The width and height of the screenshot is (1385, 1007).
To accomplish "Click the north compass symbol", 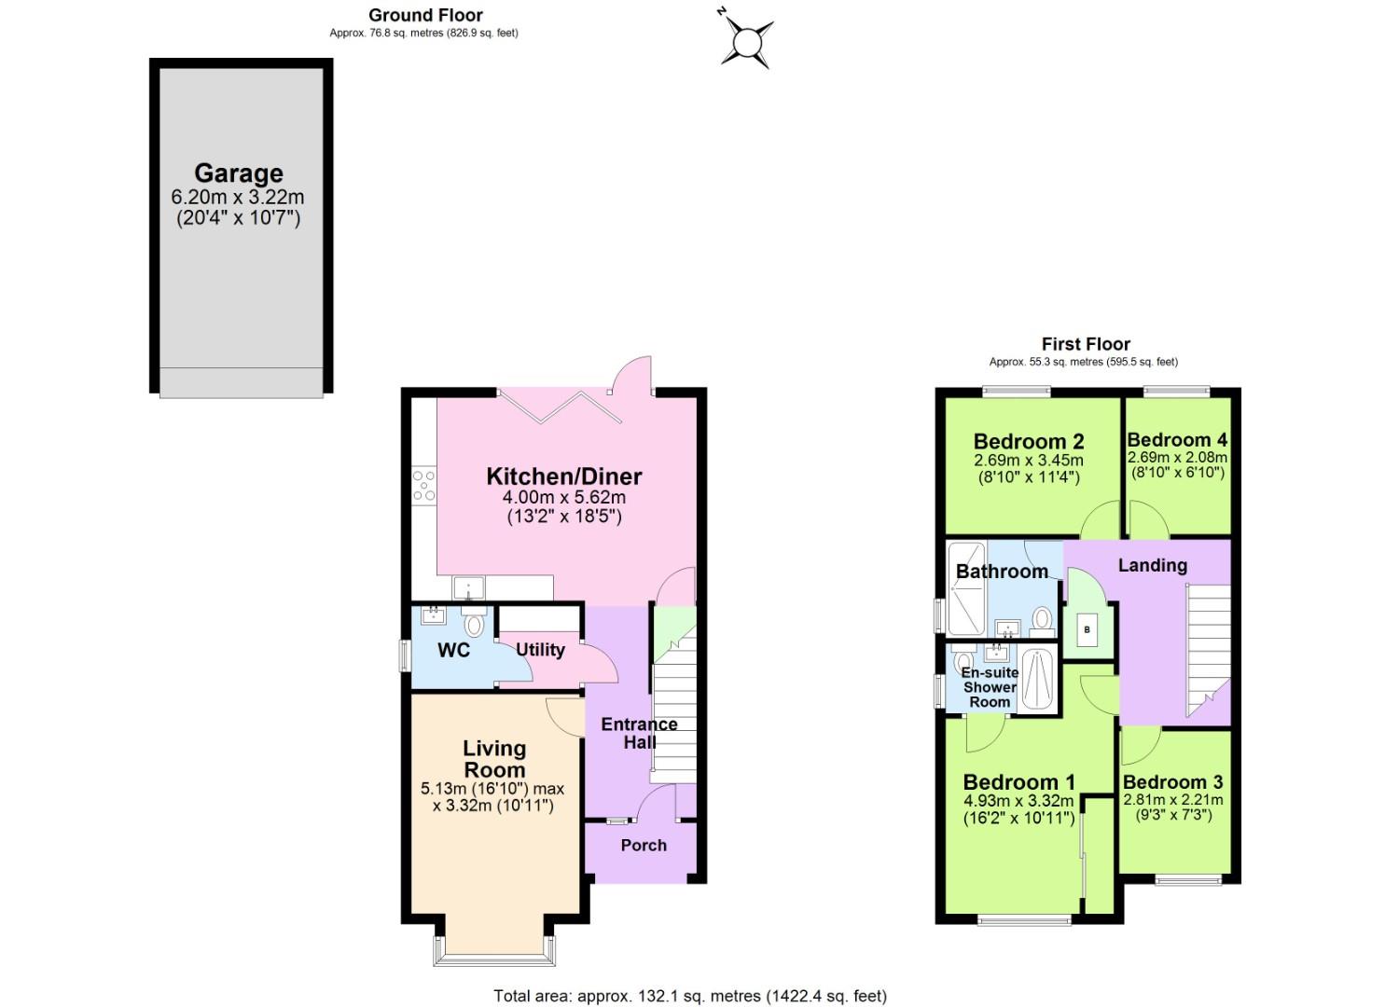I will point(746,41).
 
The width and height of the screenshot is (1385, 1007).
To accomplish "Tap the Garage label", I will point(238,173).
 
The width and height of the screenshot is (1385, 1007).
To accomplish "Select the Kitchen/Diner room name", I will point(563,476).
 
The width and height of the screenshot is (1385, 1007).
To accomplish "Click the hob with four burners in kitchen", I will point(423,486).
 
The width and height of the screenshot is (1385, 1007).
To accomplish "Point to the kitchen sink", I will point(468,588).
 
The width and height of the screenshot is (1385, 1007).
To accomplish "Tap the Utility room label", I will point(540,650).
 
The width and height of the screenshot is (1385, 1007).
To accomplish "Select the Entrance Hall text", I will point(639,733).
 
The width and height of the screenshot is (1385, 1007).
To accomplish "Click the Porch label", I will point(644,845).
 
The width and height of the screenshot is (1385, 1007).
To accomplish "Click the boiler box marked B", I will point(1087,630).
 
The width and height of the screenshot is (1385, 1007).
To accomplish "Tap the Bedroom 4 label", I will point(1177,439).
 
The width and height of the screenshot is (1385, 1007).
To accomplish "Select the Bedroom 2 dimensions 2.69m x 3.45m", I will point(1028,460).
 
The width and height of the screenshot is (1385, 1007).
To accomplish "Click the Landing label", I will point(1152,565).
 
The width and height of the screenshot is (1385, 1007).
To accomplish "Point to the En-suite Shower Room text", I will point(990,687).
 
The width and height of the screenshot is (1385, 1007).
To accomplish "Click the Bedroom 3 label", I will point(1172,782).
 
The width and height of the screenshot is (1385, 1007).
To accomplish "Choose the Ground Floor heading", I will point(425,15).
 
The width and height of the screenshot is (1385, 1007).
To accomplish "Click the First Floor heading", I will point(1086,344).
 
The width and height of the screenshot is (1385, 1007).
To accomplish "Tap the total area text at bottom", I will point(690,996).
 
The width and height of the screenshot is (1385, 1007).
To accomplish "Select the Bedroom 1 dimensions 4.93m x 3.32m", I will point(1018,801).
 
